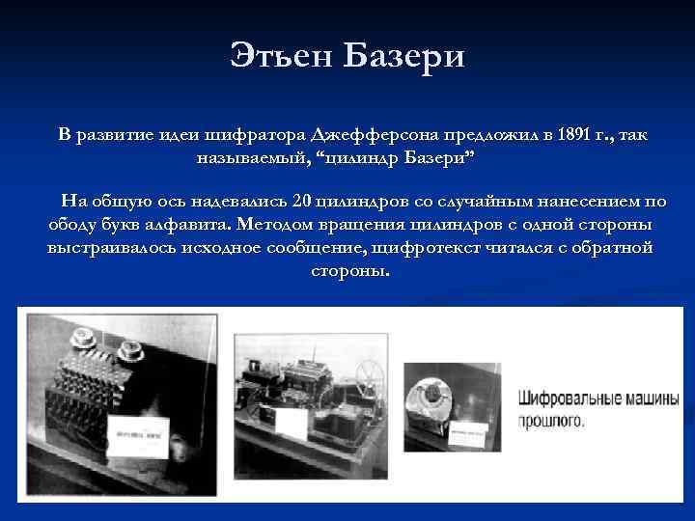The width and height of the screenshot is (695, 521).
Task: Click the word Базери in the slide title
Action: click(404, 56)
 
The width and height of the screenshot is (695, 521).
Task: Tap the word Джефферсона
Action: click(369, 134)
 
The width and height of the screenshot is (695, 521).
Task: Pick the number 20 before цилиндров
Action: click(300, 202)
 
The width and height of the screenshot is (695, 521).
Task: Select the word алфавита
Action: click(187, 225)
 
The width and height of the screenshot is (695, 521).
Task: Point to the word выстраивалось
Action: click(105, 248)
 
